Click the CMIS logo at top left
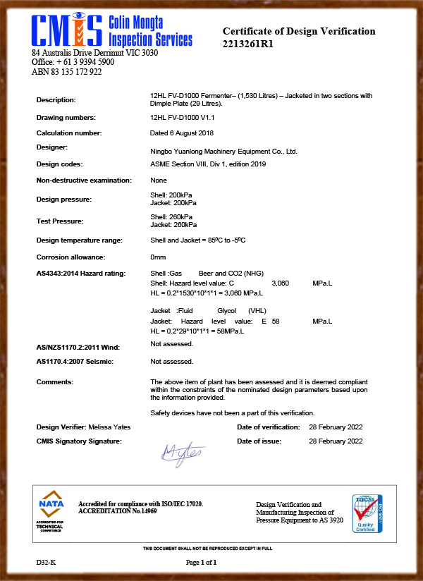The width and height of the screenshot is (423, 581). click(111, 30)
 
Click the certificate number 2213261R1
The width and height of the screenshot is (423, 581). click(248, 44)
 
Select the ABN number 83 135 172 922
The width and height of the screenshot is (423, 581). click(67, 72)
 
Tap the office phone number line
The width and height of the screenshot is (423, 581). click(73, 62)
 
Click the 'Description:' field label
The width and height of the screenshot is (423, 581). click(56, 100)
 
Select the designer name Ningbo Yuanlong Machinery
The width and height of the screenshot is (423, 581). click(224, 151)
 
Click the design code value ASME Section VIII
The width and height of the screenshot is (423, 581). click(208, 164)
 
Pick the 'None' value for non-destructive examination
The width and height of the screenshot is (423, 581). click(159, 181)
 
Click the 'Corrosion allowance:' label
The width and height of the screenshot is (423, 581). click(70, 257)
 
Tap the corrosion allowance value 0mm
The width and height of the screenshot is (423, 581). click(159, 257)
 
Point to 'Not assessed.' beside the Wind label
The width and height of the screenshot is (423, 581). click(172, 343)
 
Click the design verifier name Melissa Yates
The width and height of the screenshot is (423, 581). click(110, 427)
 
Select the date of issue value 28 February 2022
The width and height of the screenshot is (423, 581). click(336, 441)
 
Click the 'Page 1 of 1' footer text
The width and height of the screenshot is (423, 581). click(201, 563)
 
